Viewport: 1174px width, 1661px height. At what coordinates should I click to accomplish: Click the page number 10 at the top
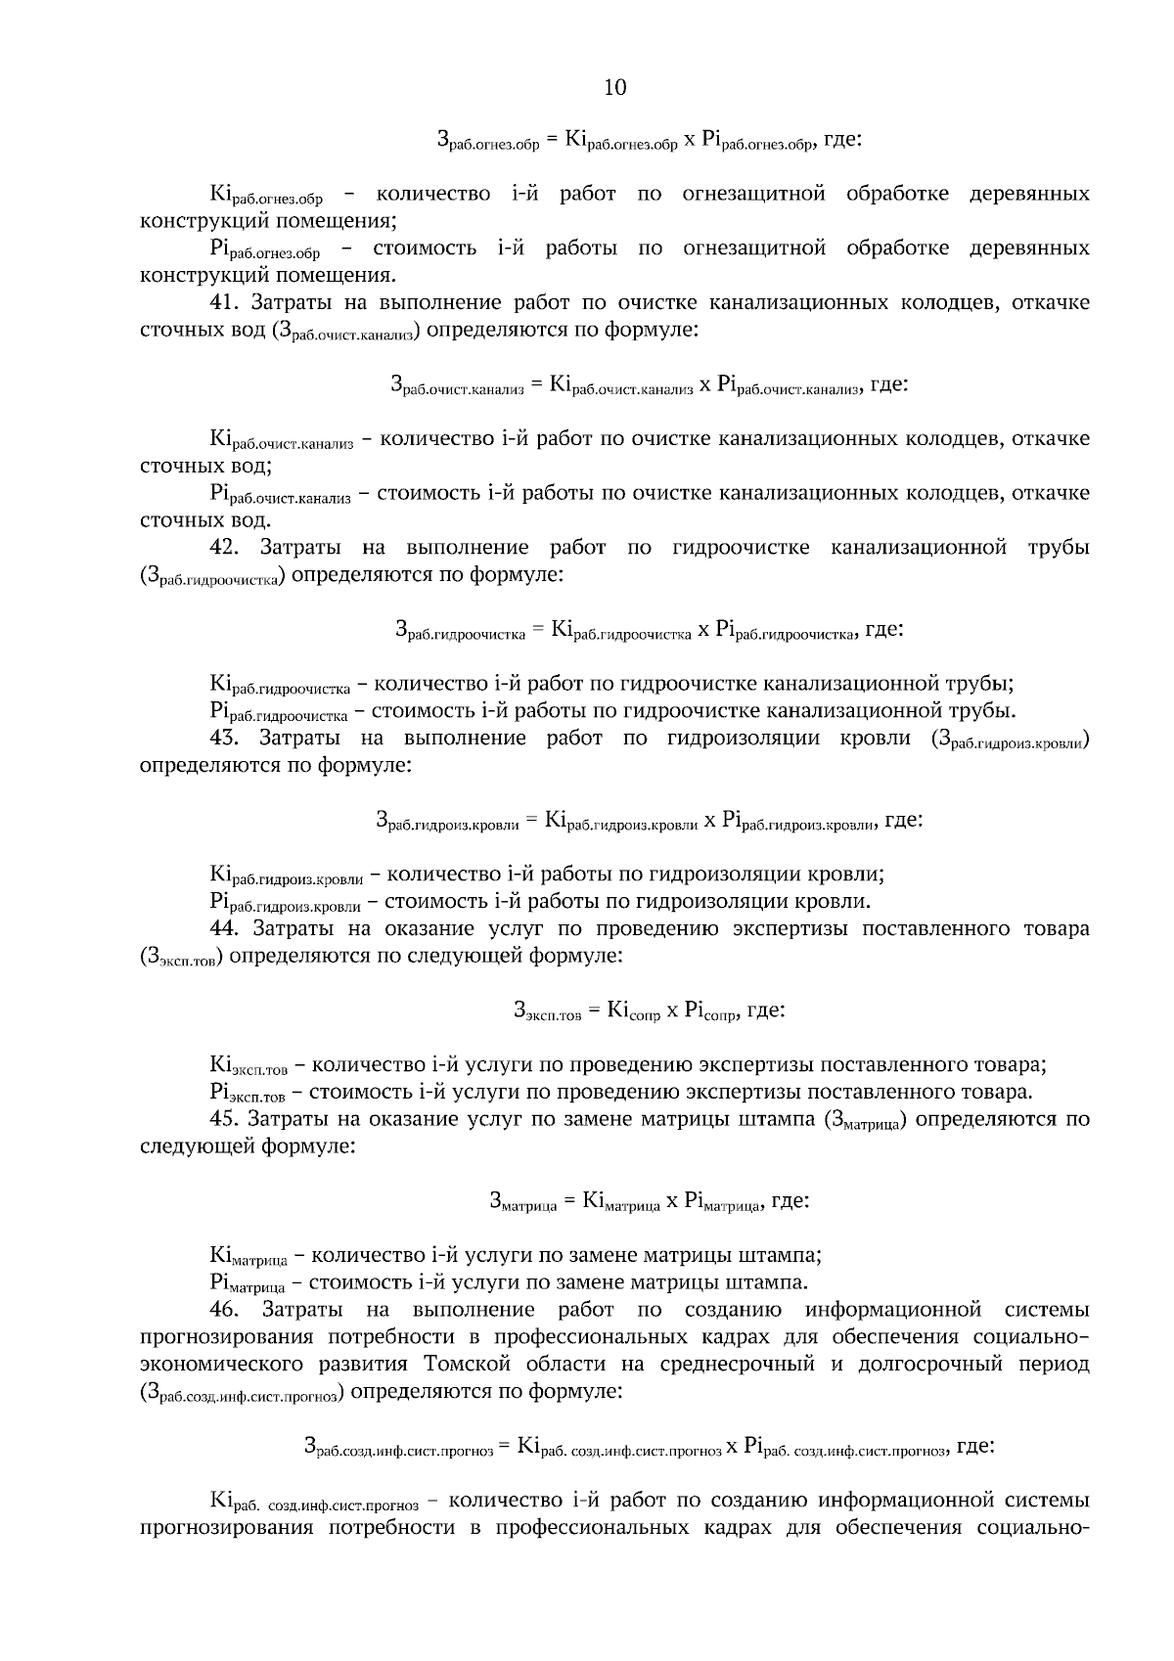tap(614, 88)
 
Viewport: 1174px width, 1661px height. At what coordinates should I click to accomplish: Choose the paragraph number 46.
tap(228, 1309)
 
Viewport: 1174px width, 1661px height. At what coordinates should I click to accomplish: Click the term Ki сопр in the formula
tap(633, 1011)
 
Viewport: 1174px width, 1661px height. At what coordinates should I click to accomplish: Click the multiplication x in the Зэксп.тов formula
tap(672, 1011)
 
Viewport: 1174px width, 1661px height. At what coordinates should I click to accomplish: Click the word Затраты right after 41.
tap(299, 303)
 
